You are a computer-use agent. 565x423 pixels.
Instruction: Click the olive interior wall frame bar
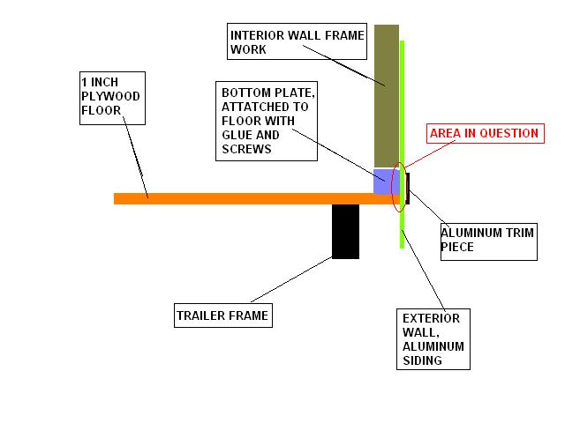[x=387, y=96]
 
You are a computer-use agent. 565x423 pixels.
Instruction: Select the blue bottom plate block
[x=387, y=182]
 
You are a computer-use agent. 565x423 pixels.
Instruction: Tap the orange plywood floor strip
[x=257, y=198]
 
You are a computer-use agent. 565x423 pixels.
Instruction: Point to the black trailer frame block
[x=345, y=231]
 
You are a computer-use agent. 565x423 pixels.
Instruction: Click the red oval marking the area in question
[x=392, y=187]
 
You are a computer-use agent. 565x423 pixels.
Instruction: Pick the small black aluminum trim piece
[x=408, y=189]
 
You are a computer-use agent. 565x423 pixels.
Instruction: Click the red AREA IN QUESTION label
[x=485, y=133]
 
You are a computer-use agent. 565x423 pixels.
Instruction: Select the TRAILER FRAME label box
[x=223, y=315]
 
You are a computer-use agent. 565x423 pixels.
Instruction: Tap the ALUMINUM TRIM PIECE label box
[x=488, y=241]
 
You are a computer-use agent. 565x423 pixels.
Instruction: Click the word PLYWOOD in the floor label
[x=110, y=96]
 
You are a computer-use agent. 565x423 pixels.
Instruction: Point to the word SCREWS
[x=246, y=149]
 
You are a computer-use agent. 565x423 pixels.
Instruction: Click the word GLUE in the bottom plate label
[x=234, y=135]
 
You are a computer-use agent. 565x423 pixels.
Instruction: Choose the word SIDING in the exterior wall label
[x=422, y=360]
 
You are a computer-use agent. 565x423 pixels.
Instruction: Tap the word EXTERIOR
[x=432, y=318]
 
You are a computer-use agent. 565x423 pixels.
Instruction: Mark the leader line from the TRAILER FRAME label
[x=291, y=279]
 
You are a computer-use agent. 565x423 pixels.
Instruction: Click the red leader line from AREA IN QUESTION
[x=429, y=154]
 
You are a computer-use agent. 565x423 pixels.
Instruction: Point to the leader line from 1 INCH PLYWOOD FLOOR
[x=135, y=157]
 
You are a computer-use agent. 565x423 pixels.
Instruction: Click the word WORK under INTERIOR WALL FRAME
[x=248, y=49]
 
